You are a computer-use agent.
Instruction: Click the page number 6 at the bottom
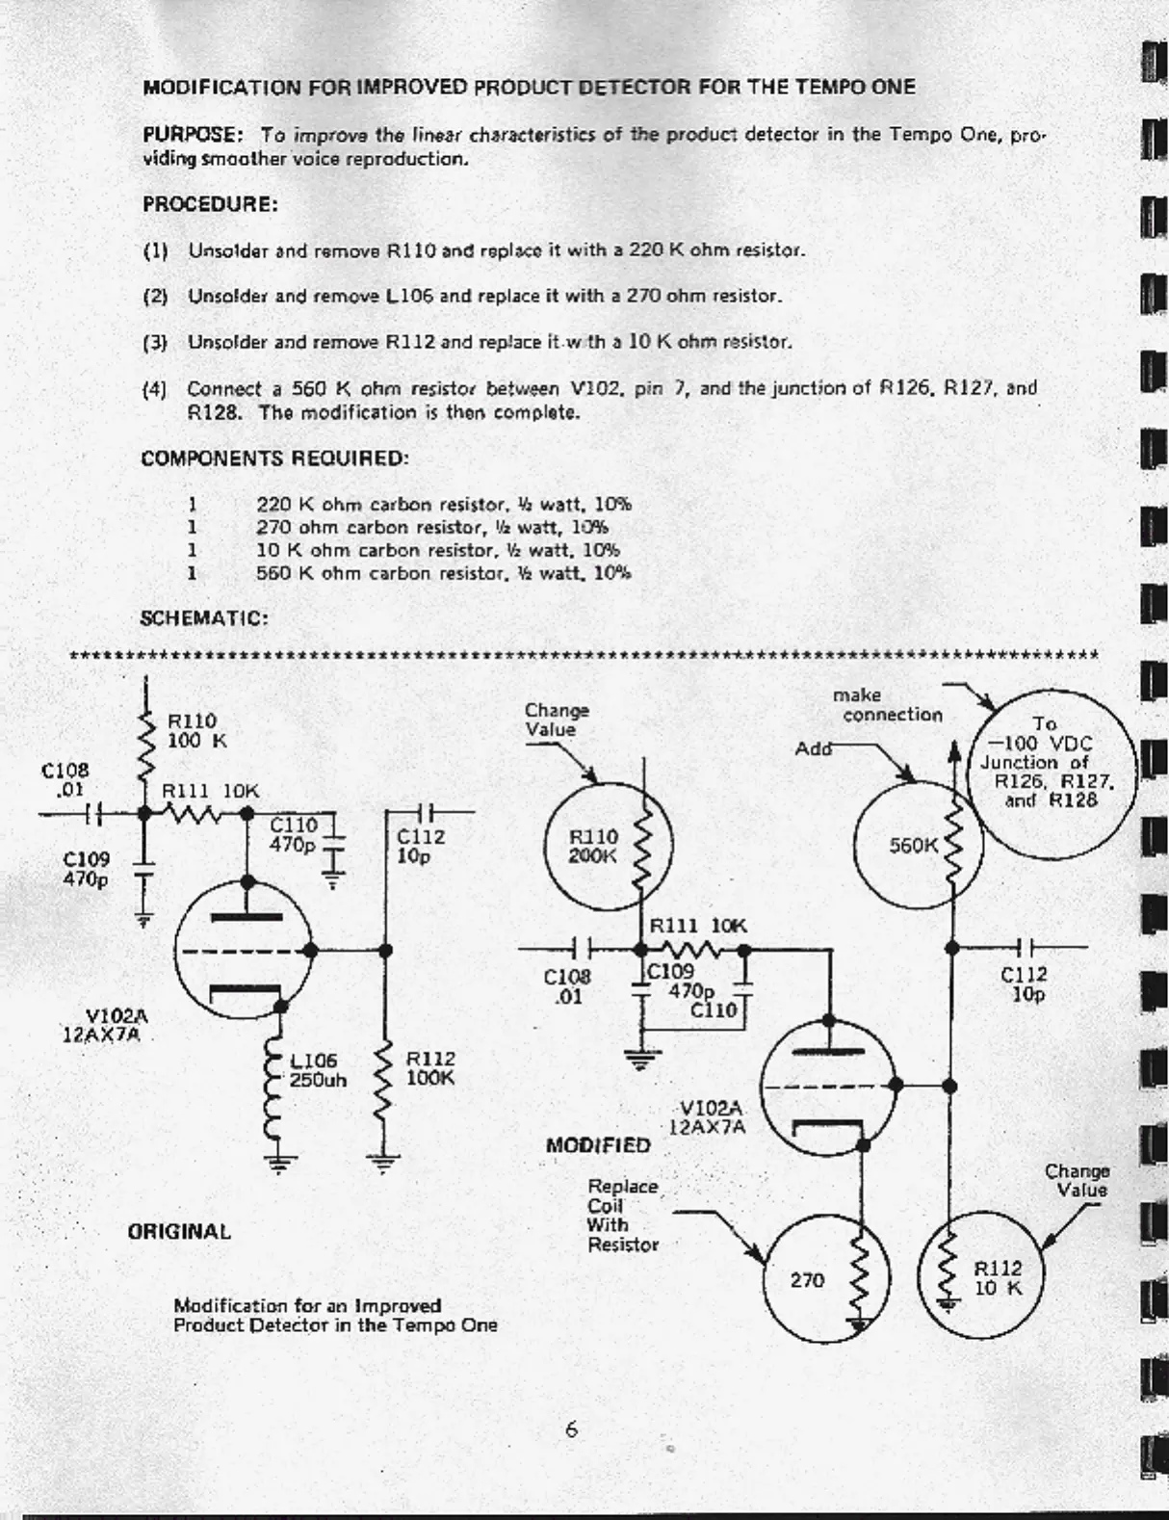tap(571, 1429)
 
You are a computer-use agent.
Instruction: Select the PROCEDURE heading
tap(210, 204)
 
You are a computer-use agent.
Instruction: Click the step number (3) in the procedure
tap(155, 343)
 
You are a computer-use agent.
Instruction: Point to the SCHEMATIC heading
tap(204, 618)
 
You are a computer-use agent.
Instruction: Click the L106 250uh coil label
tap(318, 1070)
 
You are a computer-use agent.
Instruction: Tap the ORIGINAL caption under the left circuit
tap(179, 1232)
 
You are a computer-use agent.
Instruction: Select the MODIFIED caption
tap(598, 1145)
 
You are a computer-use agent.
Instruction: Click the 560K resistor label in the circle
tap(913, 845)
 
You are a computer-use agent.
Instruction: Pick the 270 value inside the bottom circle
tap(807, 1280)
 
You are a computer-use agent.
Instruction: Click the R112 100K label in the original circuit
tap(430, 1068)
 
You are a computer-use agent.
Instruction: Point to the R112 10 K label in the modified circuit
tap(998, 1278)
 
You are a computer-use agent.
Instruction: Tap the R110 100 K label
tap(196, 730)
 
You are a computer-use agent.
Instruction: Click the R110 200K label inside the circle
tap(593, 846)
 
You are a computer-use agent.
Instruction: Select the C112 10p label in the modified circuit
tap(1024, 983)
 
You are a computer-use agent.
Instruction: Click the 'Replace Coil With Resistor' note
tap(623, 1216)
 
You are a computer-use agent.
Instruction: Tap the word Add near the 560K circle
tap(814, 748)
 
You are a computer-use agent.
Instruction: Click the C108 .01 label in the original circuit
tap(65, 779)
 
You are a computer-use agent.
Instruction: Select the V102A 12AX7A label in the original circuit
tap(102, 1026)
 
